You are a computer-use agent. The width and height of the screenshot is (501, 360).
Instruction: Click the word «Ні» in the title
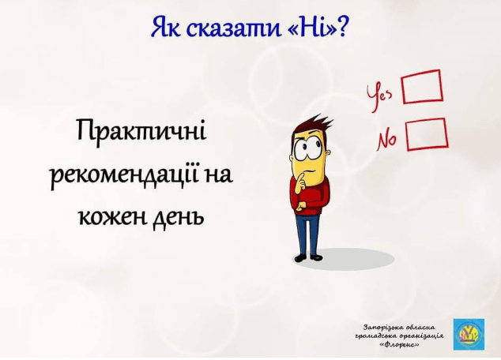tap(322, 28)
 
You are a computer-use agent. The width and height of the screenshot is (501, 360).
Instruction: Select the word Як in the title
tap(166, 28)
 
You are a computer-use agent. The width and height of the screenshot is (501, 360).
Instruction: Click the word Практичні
tap(141, 131)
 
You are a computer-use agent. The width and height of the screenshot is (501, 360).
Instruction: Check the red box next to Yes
tap(422, 87)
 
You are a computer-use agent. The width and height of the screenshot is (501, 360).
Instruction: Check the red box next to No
tap(427, 134)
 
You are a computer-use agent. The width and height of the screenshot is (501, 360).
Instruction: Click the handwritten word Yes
tap(380, 96)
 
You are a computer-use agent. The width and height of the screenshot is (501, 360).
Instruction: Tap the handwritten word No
tap(386, 141)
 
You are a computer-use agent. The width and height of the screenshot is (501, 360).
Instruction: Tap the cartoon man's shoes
tap(307, 257)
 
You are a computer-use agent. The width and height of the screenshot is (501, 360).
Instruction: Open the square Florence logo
tap(469, 334)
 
